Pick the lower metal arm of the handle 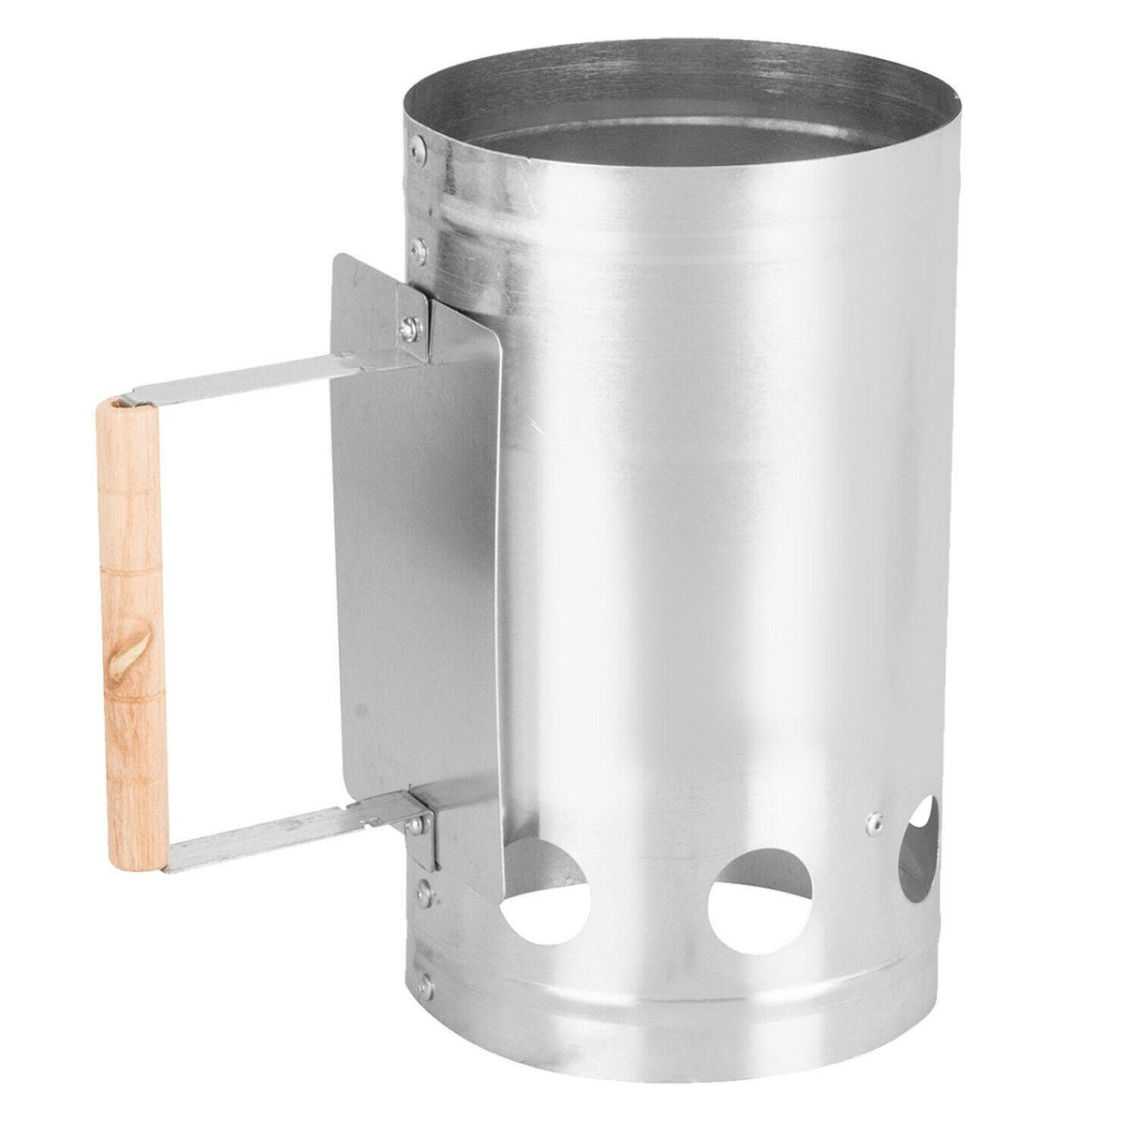[x=281, y=836]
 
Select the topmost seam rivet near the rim [x=419, y=145]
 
